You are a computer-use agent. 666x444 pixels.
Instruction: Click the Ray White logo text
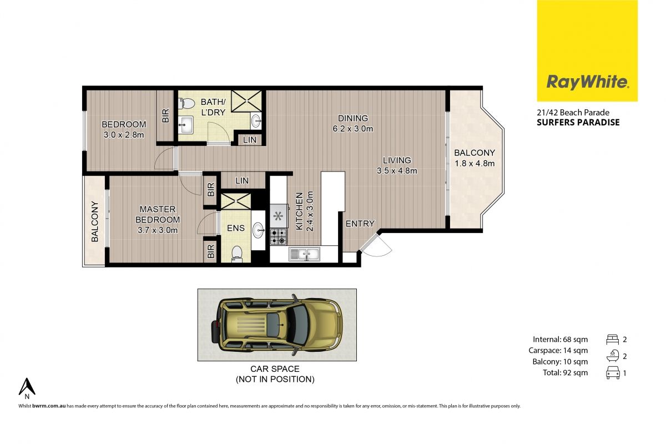[587, 82]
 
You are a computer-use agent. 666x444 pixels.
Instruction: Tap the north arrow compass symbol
[27, 387]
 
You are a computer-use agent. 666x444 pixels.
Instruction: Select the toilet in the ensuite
[237, 254]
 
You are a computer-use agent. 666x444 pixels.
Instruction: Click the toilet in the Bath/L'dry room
[186, 103]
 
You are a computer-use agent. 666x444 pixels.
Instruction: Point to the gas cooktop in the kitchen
[279, 237]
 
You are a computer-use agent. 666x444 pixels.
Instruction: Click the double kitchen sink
[305, 254]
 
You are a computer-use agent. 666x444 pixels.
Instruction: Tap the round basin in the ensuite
[259, 230]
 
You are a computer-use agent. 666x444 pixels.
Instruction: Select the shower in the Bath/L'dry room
[246, 101]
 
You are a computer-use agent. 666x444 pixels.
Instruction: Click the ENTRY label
[360, 223]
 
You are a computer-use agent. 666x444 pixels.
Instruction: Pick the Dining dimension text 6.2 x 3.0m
[353, 129]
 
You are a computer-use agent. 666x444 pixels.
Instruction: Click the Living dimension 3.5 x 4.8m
[397, 171]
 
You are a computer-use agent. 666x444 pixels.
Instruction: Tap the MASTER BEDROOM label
[158, 214]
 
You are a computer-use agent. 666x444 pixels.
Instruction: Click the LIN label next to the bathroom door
[249, 140]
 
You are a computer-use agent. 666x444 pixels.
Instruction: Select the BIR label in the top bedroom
[165, 115]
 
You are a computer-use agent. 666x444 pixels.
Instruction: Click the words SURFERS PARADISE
[578, 123]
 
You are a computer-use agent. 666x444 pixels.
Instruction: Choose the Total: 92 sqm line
[565, 372]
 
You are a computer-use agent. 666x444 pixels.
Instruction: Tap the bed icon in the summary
[613, 339]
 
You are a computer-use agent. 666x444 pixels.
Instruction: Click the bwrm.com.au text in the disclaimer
[49, 406]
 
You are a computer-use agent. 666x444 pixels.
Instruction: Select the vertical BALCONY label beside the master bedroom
[94, 221]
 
